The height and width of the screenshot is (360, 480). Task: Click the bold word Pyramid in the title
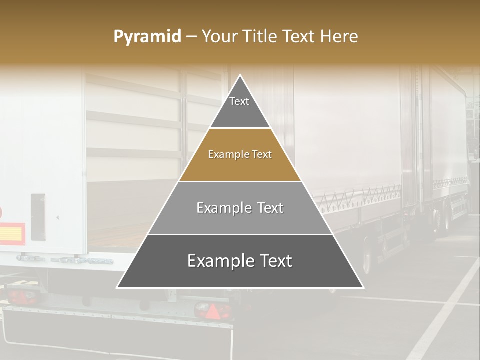click(x=147, y=37)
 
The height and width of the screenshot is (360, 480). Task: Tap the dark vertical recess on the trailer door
click(x=38, y=216)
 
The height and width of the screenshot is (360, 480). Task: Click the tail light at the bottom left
click(x=22, y=297)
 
